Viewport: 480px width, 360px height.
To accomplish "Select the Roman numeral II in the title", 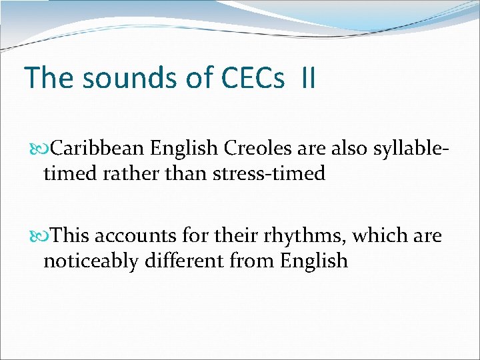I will [308, 77].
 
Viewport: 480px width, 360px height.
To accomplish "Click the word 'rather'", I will [125, 174].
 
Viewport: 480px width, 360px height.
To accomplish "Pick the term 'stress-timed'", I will [269, 174].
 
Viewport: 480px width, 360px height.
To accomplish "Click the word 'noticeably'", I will [97, 261].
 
